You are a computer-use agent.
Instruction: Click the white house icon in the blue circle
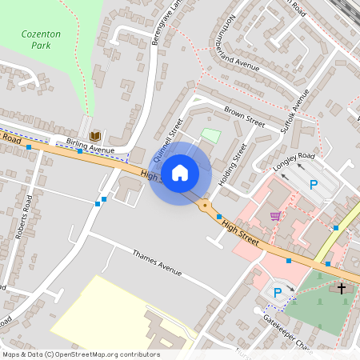point(180,172)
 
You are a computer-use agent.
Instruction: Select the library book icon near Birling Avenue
point(94,136)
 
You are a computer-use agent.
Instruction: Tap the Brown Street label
point(244,117)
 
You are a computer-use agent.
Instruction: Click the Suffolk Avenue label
point(294,110)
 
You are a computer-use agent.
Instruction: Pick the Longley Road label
point(294,161)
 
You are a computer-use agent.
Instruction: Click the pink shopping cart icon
point(275,216)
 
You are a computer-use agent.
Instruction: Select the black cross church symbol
point(342,288)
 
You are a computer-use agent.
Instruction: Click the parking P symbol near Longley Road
point(314,185)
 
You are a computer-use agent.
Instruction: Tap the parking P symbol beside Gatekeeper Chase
point(277,293)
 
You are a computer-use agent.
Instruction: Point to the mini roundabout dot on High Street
point(206,206)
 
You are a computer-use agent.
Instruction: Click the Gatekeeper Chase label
point(286,326)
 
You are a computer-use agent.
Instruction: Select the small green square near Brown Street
point(210,136)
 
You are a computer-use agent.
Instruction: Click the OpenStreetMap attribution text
point(80,354)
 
